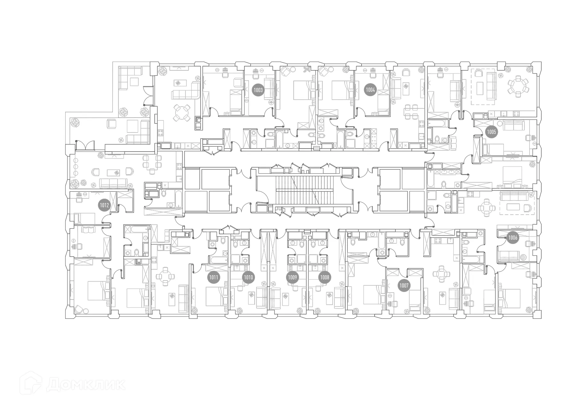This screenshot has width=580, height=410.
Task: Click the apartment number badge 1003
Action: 258,90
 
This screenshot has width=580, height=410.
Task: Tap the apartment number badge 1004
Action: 370,90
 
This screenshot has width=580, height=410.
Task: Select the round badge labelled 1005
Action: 491,132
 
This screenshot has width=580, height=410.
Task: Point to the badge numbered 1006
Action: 513,238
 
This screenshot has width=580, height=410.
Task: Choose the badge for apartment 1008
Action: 325,277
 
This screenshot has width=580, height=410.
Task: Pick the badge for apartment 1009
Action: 292,277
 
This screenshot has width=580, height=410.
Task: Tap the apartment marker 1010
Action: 248,277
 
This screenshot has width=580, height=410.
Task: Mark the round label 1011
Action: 214,277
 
